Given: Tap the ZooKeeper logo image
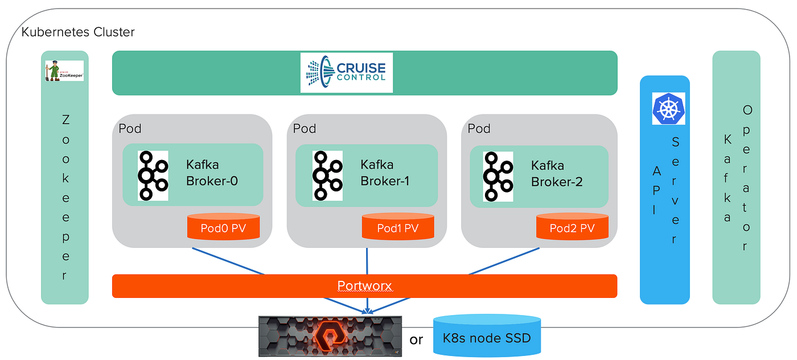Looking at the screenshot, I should [64, 71].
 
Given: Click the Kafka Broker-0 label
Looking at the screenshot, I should [212, 173].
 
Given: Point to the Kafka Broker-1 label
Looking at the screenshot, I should [384, 173].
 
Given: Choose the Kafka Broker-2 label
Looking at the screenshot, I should [557, 174].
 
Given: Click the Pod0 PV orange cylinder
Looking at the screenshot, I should [223, 227].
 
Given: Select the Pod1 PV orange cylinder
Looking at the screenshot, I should [397, 227].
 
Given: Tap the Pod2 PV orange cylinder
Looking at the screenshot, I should [572, 227].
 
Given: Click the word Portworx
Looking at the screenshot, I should [364, 286].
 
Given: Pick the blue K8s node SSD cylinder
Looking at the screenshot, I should [486, 337].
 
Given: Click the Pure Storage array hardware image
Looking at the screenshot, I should [330, 337].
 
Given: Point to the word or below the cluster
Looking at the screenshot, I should [416, 340].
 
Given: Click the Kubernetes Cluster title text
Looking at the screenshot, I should [78, 32].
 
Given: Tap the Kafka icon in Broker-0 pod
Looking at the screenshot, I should [153, 175].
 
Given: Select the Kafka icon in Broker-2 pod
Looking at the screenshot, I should [498, 176].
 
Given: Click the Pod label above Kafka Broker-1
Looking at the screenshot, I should [304, 128].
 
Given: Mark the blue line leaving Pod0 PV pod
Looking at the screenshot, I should [228, 261].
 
